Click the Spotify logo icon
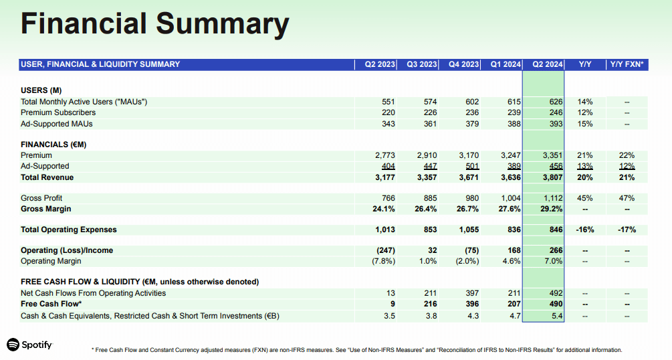pyautogui.click(x=13, y=345)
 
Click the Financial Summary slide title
pyautogui.click(x=154, y=25)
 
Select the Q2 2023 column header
pyautogui.click(x=379, y=65)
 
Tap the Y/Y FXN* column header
pyautogui.click(x=627, y=65)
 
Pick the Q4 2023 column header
pyautogui.click(x=463, y=65)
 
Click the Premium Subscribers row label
pyautogui.click(x=58, y=112)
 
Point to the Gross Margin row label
pyautogui.click(x=46, y=209)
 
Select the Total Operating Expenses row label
pyautogui.click(x=69, y=230)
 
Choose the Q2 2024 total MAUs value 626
pyautogui.click(x=556, y=102)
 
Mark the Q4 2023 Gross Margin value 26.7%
pyautogui.click(x=467, y=209)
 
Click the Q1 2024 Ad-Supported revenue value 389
pyautogui.click(x=514, y=166)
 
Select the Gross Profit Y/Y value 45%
pyautogui.click(x=584, y=198)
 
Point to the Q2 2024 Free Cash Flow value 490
pyautogui.click(x=556, y=304)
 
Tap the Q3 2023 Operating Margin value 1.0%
pyautogui.click(x=428, y=261)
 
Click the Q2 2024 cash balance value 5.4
pyautogui.click(x=558, y=316)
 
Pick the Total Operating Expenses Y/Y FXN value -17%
pyautogui.click(x=627, y=230)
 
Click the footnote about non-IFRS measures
pyautogui.click(x=356, y=350)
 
